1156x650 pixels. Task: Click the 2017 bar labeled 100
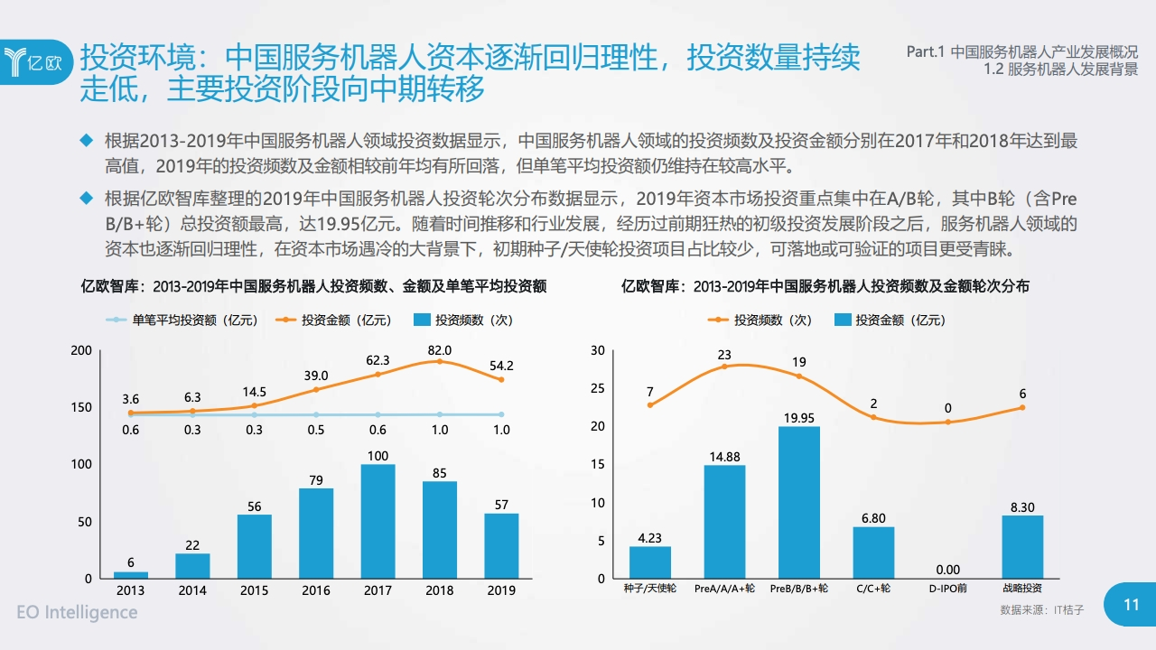(378, 521)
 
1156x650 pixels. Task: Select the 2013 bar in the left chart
(131, 574)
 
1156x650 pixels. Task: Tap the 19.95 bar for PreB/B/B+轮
(799, 502)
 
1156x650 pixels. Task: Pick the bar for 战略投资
(1022, 546)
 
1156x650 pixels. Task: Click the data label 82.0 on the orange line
(440, 350)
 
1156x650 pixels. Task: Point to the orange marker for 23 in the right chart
(724, 367)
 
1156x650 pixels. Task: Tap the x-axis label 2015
(255, 590)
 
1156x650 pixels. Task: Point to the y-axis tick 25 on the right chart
(597, 388)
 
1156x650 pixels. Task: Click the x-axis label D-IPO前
(947, 589)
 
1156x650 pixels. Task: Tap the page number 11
(1131, 605)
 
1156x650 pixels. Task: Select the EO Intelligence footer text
(78, 612)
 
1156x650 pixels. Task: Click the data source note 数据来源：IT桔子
(1041, 610)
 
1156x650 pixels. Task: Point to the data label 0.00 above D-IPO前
(947, 570)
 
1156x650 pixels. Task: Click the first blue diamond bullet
(87, 141)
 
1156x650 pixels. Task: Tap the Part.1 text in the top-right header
(926, 52)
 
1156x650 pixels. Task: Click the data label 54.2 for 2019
(501, 366)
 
